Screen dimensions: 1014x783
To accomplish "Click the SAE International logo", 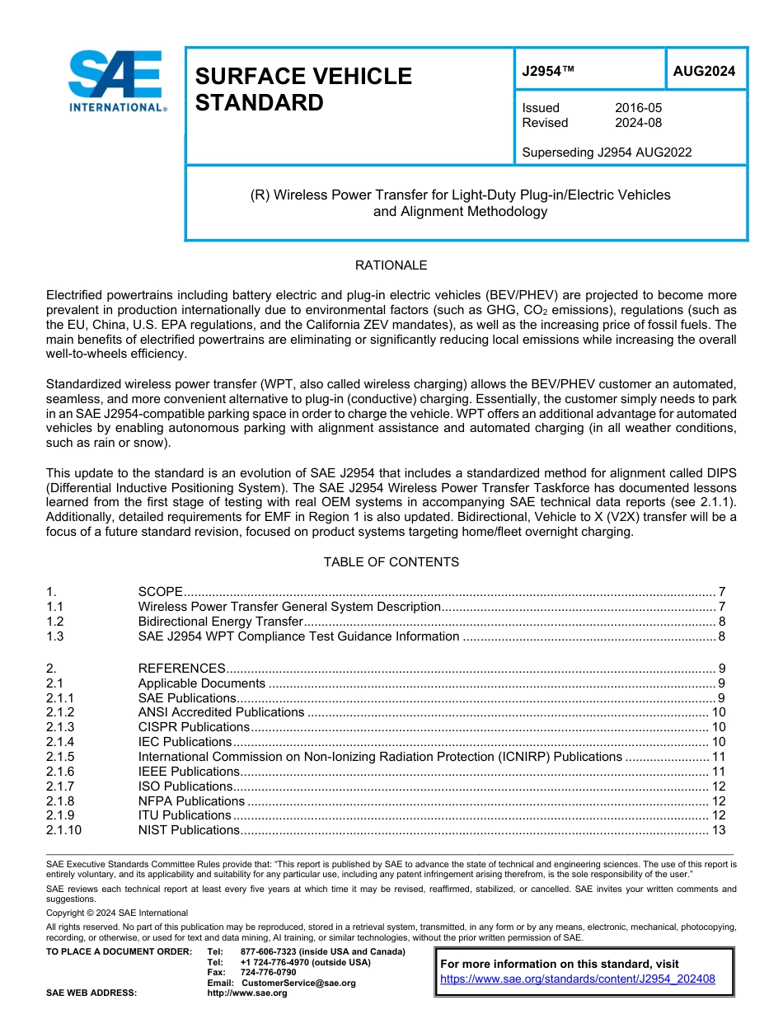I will (115, 81).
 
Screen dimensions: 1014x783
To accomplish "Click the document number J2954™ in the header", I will (547, 72).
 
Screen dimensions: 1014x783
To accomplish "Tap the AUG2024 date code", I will (704, 72).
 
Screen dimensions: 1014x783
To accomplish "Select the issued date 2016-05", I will (638, 108).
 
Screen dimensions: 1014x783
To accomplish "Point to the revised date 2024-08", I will (638, 123).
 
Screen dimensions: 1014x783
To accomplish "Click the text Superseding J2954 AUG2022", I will (607, 152).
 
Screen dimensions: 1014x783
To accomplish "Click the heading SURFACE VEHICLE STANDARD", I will (303, 89).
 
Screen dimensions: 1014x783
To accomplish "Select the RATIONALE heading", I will (391, 265).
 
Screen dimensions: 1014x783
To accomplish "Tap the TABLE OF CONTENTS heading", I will (391, 562).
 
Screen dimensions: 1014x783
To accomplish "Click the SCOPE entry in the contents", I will (160, 592).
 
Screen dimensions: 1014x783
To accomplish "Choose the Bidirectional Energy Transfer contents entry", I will (221, 622).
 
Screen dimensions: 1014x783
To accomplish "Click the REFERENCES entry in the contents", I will (181, 669).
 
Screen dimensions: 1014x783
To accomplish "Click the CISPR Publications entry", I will (194, 727).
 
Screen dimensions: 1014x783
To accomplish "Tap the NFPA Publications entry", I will (191, 801).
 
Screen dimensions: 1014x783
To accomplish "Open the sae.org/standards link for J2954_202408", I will (578, 979).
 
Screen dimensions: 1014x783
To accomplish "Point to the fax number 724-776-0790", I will (268, 973).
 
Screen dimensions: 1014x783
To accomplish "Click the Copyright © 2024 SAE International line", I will (117, 913).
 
